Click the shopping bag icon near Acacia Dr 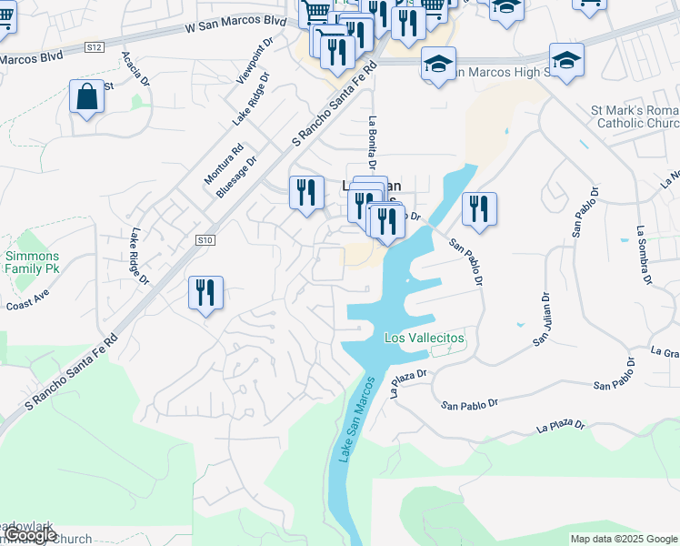pyautogui.click(x=87, y=97)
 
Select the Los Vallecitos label pyautogui.click(x=425, y=338)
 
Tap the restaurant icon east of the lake pyautogui.click(x=478, y=208)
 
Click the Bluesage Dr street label pyautogui.click(x=236, y=176)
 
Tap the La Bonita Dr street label pyautogui.click(x=372, y=143)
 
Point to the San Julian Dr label pyautogui.click(x=542, y=318)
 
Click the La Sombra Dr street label pyautogui.click(x=645, y=255)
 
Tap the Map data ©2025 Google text pyautogui.click(x=624, y=539)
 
